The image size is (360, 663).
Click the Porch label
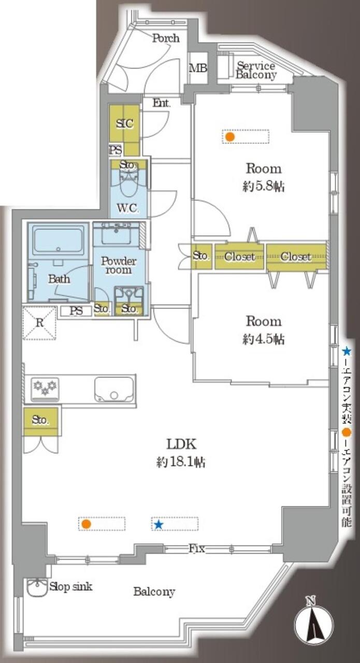pyautogui.click(x=166, y=38)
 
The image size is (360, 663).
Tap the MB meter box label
pyautogui.click(x=198, y=68)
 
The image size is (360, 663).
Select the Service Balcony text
pyautogui.click(x=256, y=70)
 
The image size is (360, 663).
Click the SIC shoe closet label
pyautogui.click(x=124, y=123)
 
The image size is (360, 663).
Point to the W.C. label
pyautogui.click(x=128, y=208)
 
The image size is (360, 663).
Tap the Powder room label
pyautogui.click(x=119, y=265)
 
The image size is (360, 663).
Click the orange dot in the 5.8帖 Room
pyautogui.click(x=230, y=137)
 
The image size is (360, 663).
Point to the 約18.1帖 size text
pyautogui.click(x=181, y=462)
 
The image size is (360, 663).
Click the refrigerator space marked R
pyautogui.click(x=40, y=323)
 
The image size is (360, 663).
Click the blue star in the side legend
pyautogui.click(x=346, y=351)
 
